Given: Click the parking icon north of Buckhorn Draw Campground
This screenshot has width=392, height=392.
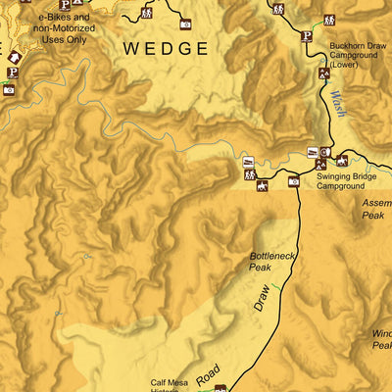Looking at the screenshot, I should (x=306, y=36).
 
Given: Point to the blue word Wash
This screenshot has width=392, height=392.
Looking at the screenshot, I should (x=338, y=104).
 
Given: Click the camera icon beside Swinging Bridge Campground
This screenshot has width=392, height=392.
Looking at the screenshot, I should (x=293, y=181).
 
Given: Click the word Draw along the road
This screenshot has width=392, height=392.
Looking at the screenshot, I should (x=260, y=298).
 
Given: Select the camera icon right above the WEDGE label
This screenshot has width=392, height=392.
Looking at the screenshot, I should (x=185, y=23).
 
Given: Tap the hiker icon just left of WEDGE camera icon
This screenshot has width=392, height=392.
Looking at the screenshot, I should (x=147, y=14).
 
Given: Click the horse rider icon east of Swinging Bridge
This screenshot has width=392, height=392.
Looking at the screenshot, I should (x=342, y=161).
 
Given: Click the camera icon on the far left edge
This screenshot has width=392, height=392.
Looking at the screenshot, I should (x=9, y=90).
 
